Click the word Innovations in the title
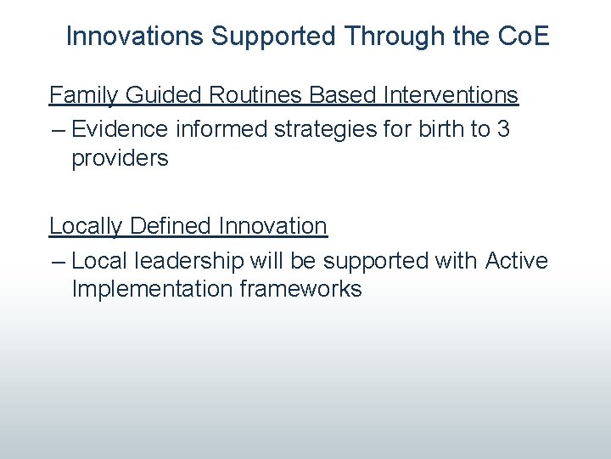click(x=135, y=37)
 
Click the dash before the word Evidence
click(x=58, y=129)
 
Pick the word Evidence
click(x=120, y=128)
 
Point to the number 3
click(x=502, y=128)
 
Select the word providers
click(x=120, y=158)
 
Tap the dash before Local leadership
click(x=58, y=261)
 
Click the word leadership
click(x=198, y=260)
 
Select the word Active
click(x=517, y=260)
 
